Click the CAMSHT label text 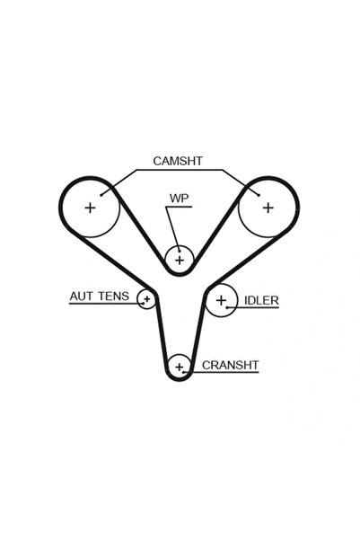coord(178,161)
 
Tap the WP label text coord(179,199)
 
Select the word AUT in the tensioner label coord(81,297)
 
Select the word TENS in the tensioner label coord(113,297)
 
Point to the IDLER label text coord(261,300)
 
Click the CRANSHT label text coord(230,365)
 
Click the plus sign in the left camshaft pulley coord(90,208)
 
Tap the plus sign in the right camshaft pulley coord(268,208)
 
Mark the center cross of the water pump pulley coord(180,260)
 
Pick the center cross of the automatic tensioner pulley coord(147,298)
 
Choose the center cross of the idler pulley coord(221,300)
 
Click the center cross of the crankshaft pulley coord(179,367)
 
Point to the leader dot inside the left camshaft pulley coord(101,195)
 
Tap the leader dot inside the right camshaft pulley coord(259,195)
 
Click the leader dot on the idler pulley coord(227,307)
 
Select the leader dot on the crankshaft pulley coord(184,372)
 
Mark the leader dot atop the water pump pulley coord(180,251)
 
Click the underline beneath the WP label coord(179,207)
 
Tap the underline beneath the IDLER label coord(253,307)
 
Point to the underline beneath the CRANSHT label coord(222,372)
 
